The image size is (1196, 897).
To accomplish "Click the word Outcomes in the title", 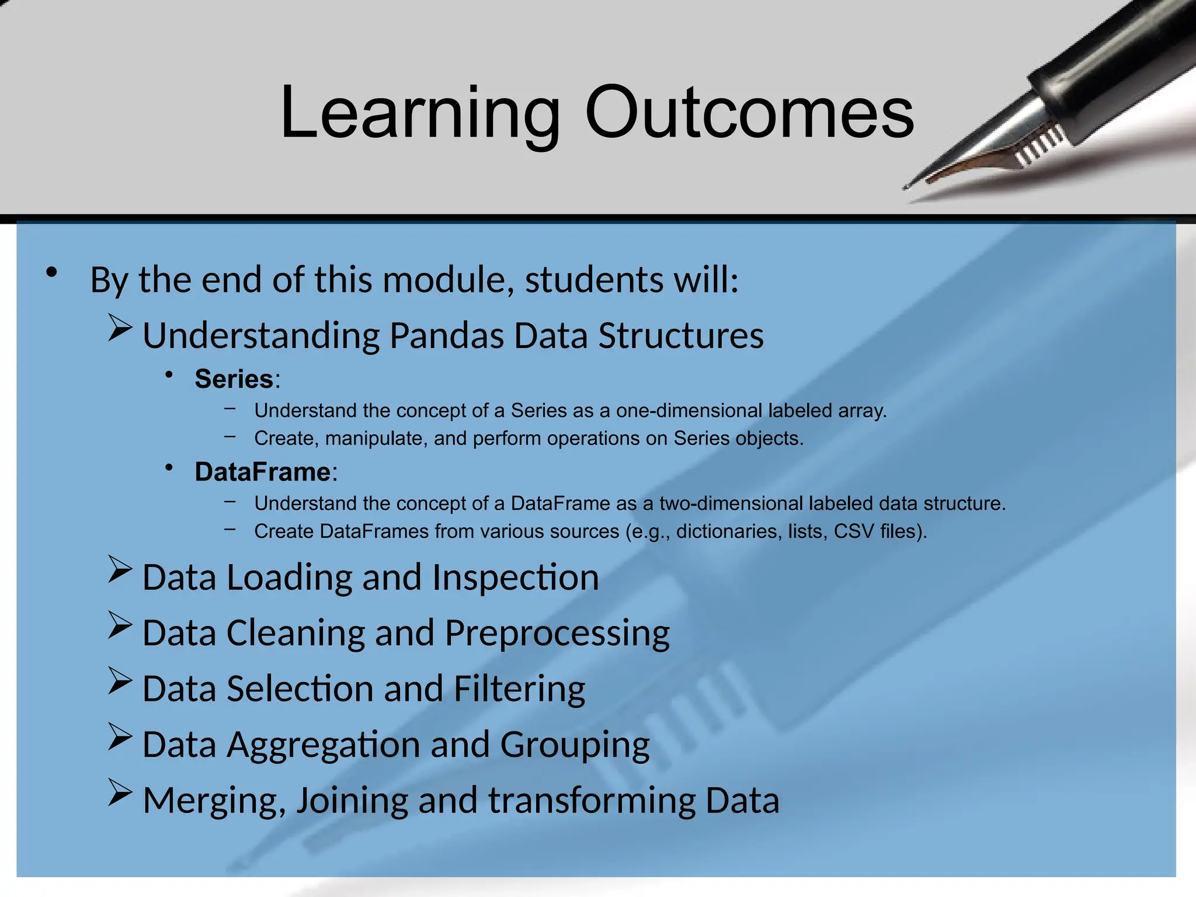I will point(749,112).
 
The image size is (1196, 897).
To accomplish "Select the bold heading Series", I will point(234,379).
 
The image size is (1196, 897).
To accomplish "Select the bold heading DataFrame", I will point(263,472).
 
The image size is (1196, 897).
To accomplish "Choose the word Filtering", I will point(519,689).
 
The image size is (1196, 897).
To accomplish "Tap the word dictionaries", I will point(729,531).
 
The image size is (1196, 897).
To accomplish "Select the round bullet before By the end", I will point(52,273).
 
